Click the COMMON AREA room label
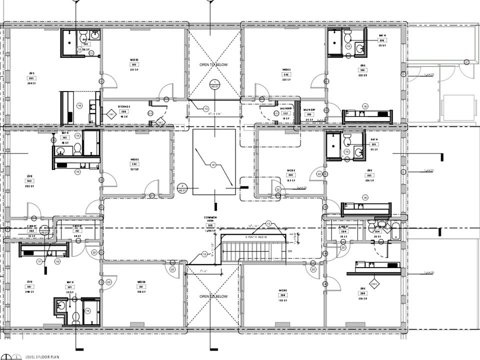tap(210, 219)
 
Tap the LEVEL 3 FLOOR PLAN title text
tap(42, 356)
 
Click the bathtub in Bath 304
tap(395, 231)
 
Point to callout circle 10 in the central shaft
tap(213, 165)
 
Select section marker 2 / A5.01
tap(182, 188)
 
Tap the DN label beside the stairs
tap(289, 250)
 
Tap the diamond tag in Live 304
tap(374, 283)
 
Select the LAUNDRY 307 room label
tap(286, 113)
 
